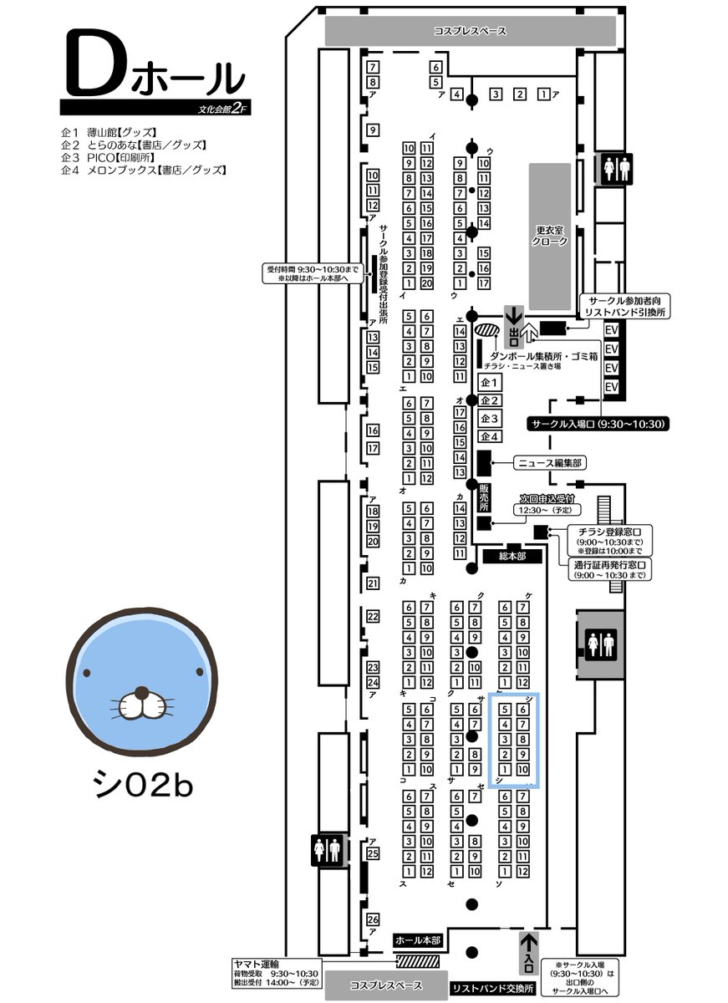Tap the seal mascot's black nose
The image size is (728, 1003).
click(x=143, y=693)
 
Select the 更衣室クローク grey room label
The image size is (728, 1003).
click(x=551, y=235)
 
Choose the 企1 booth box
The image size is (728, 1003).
click(x=490, y=383)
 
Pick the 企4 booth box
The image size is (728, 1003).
click(x=490, y=436)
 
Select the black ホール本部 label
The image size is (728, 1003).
click(x=416, y=940)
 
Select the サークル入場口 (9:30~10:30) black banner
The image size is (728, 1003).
click(x=598, y=425)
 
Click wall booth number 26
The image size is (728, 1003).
click(x=374, y=920)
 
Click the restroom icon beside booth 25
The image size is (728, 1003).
click(x=327, y=850)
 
